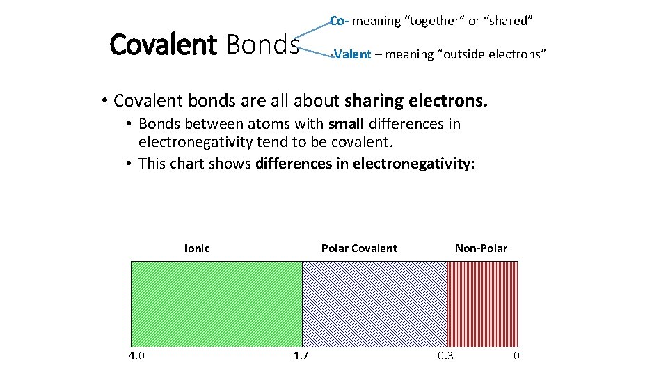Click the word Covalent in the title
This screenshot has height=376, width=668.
tap(164, 45)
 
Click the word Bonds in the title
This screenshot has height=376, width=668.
tap(262, 45)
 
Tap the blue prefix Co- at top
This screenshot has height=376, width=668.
tap(339, 21)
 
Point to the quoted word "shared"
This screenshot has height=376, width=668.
tap(509, 21)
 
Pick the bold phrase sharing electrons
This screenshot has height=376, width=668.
tap(416, 101)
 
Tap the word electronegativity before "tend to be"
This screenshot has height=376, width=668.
tap(196, 143)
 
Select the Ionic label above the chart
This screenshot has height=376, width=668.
tap(197, 249)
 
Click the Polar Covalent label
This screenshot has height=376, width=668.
tap(359, 249)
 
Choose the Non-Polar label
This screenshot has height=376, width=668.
tap(481, 249)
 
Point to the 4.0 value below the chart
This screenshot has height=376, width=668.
tap(136, 356)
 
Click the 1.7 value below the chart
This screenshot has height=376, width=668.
tap(301, 356)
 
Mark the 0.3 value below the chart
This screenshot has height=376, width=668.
tap(445, 356)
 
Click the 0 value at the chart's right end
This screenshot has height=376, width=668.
tap(516, 356)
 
